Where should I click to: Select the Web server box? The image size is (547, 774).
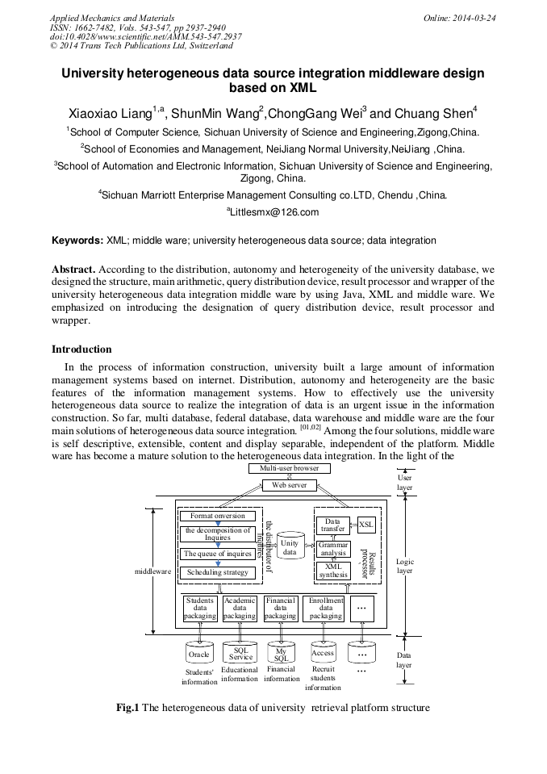click(x=289, y=484)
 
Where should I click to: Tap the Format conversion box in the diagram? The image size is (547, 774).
click(x=217, y=516)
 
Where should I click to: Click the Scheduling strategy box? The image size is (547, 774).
click(x=217, y=572)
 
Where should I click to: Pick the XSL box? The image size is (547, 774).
click(x=366, y=525)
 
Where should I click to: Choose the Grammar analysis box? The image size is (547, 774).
click(x=332, y=549)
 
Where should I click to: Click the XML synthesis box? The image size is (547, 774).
click(x=332, y=571)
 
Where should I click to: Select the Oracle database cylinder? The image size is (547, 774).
click(x=198, y=655)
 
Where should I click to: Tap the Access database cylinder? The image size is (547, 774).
click(x=322, y=654)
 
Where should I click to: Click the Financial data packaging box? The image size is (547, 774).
click(x=281, y=609)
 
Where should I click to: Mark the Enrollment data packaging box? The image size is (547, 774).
click(x=325, y=609)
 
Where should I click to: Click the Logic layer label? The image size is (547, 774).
click(x=405, y=566)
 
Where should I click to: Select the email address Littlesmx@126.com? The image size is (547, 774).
click(x=273, y=213)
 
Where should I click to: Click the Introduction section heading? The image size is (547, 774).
click(x=81, y=349)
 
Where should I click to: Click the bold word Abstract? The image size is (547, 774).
click(x=75, y=269)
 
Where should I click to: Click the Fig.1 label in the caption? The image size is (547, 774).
click(x=127, y=709)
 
